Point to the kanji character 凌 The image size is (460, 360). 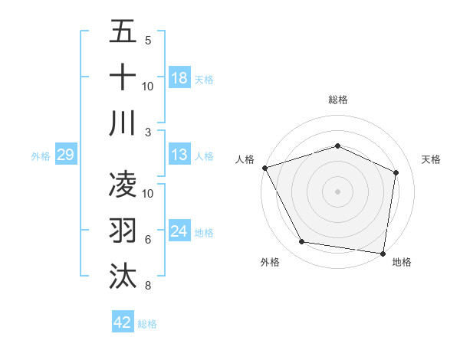[123, 186]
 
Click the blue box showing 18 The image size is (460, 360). [179, 77]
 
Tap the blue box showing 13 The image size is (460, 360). [179, 155]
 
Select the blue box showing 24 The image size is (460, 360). [179, 231]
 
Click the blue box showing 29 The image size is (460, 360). [65, 155]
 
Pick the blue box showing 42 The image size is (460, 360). [123, 322]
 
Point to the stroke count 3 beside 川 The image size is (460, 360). [147, 132]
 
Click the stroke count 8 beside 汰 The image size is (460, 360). [147, 286]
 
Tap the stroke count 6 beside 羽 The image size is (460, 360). [147, 240]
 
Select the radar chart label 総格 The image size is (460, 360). [337, 100]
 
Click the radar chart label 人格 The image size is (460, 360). [245, 159]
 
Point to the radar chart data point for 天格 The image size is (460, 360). [396, 172]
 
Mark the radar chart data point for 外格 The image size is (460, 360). [302, 242]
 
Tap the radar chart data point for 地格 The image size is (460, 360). [383, 253]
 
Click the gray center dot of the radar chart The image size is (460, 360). [337, 191]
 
